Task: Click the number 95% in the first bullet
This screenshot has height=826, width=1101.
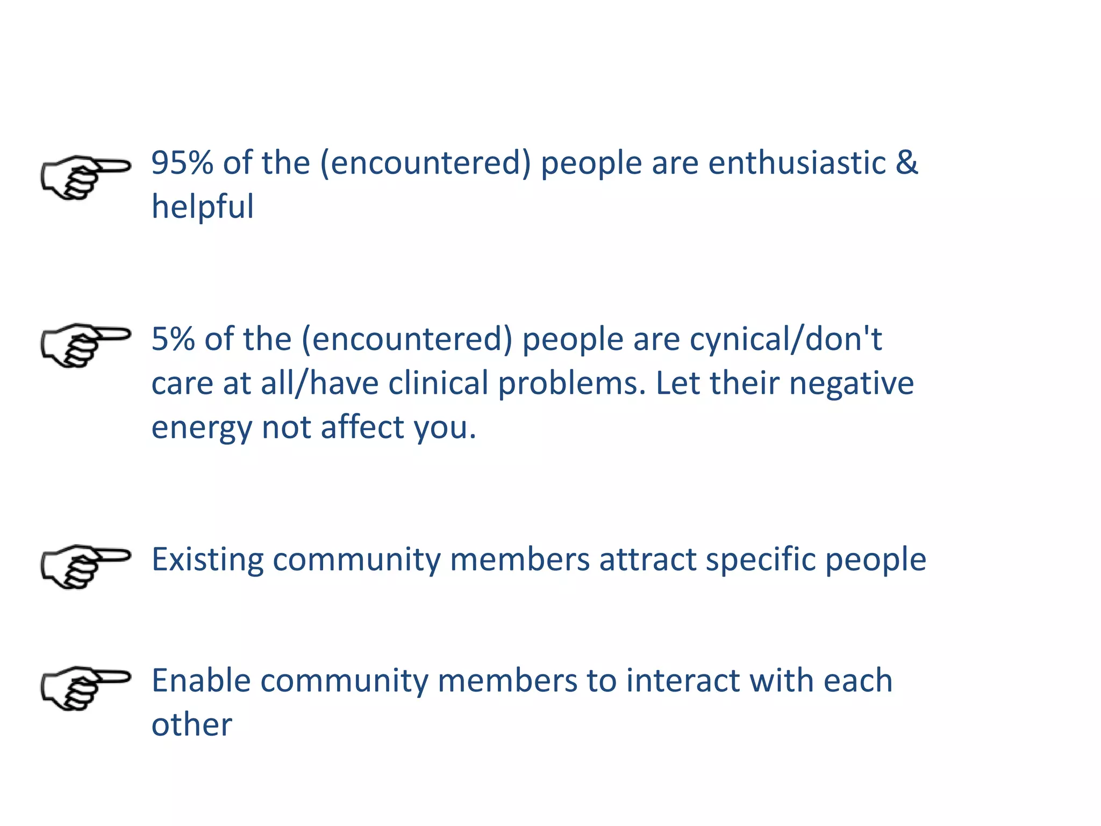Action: [x=182, y=162]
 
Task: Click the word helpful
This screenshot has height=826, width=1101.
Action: [x=203, y=207]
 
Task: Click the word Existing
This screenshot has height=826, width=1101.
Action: [x=208, y=560]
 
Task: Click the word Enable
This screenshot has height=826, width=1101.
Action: [x=201, y=681]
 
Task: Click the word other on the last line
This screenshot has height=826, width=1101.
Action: [x=192, y=725]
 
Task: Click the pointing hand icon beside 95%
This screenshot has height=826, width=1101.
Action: [x=85, y=177]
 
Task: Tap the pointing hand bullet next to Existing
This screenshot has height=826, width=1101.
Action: [x=85, y=566]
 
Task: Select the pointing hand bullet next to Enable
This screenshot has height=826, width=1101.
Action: [x=85, y=688]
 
